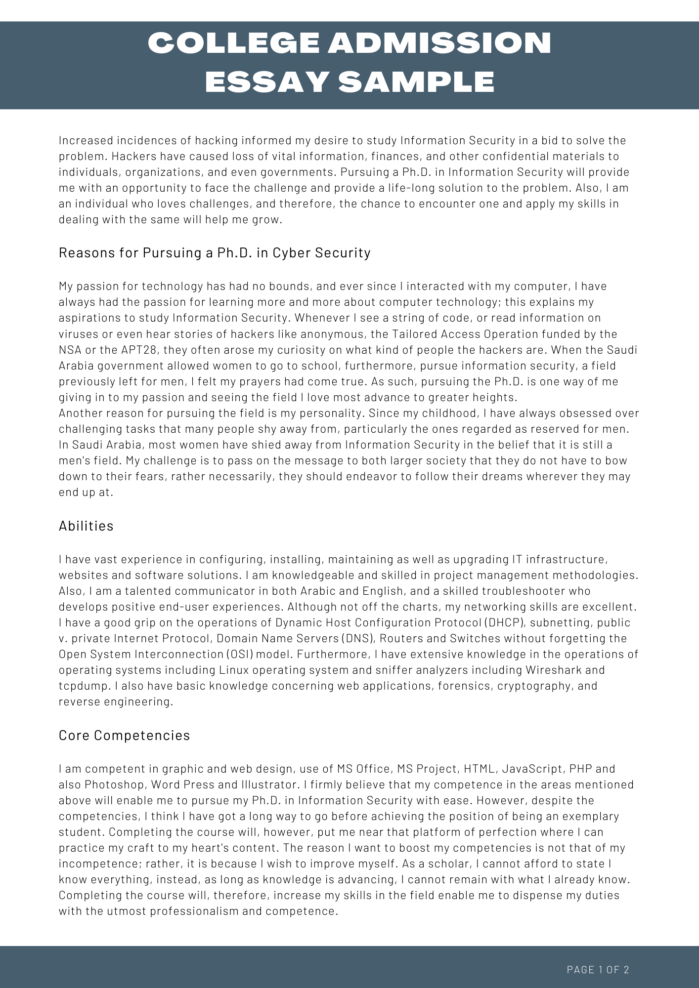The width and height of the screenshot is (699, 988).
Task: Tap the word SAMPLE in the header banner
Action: (416, 82)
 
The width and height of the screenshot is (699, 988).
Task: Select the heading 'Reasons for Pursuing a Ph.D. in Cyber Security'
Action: (215, 253)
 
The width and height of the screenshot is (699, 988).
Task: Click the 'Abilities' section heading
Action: (86, 526)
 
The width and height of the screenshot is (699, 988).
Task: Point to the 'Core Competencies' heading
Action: (124, 736)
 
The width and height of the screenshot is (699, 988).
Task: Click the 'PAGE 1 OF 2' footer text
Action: (598, 970)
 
